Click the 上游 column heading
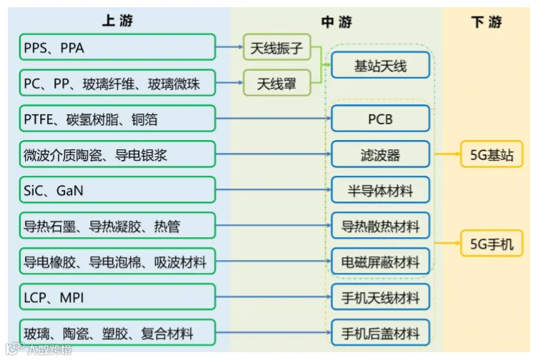[x=117, y=21]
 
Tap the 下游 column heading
[x=486, y=22]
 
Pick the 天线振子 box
[x=277, y=48]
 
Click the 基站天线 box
[x=380, y=66]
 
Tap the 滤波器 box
[x=380, y=155]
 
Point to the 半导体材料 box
[x=380, y=191]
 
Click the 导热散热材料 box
[x=380, y=226]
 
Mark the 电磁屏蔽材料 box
[x=380, y=261]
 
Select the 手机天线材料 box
[x=380, y=297]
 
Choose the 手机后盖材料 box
[x=380, y=333]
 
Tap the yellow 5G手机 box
[x=491, y=244]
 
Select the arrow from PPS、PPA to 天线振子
[x=229, y=48]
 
